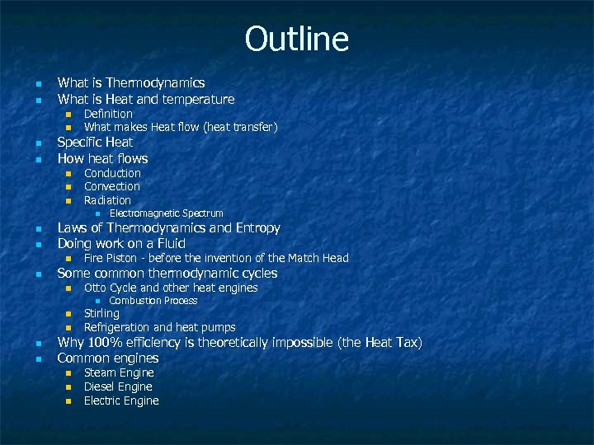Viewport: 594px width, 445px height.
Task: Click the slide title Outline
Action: coord(297,39)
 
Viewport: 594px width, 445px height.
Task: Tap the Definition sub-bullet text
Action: coord(108,114)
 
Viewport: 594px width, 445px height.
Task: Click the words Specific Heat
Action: coord(95,142)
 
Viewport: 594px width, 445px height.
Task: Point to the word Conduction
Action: coord(112,173)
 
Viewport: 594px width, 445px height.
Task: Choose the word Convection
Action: coord(112,186)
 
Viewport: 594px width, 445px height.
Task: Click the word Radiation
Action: coord(107,200)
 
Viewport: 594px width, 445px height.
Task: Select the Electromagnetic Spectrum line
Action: coord(166,213)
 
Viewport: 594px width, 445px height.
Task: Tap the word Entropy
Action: coord(257,227)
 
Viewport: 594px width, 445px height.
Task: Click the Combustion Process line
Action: coord(153,301)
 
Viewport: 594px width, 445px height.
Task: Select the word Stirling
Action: coord(101,313)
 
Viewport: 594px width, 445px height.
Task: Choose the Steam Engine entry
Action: coord(118,372)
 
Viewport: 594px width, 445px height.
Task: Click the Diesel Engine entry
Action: coord(118,386)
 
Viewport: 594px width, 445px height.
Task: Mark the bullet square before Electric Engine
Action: coord(69,401)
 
